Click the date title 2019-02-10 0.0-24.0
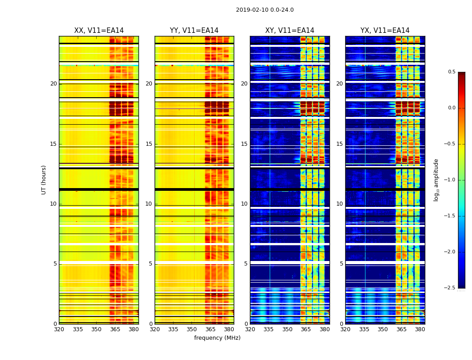point(265,10)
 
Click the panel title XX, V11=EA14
point(99,31)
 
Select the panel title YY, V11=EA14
point(194,31)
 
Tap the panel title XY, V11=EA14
point(289,31)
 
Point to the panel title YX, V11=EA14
point(385,31)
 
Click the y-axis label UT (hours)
point(44,180)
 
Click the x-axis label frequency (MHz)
point(217,338)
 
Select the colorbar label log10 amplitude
point(436,180)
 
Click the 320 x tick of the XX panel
point(59,329)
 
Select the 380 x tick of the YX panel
point(420,329)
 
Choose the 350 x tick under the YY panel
point(192,329)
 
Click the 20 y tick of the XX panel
point(53,84)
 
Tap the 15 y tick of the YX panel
point(340,144)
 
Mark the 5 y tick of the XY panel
point(246,264)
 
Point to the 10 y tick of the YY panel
point(149,204)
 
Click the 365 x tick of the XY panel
point(306,329)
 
